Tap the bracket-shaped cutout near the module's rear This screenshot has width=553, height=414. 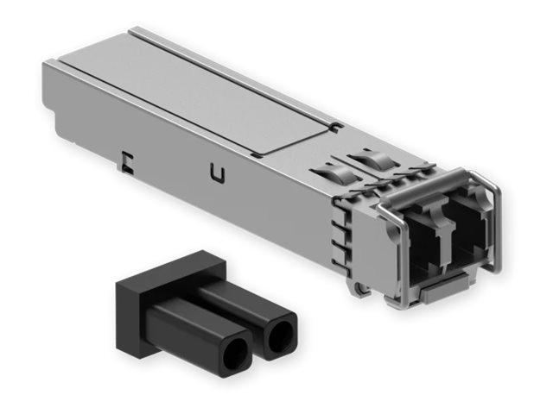[x=126, y=160]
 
